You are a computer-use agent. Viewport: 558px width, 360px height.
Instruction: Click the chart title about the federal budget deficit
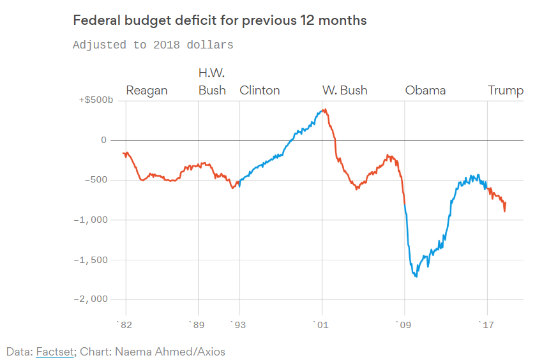(x=220, y=20)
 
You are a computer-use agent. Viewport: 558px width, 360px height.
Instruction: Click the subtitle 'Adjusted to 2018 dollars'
(x=153, y=45)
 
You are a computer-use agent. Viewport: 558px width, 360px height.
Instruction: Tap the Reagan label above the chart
(x=147, y=90)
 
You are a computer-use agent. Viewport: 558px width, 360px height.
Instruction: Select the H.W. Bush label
(x=212, y=82)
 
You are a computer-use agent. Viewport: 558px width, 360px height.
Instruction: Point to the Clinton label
(x=260, y=90)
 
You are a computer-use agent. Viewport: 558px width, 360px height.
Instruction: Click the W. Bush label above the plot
(x=345, y=90)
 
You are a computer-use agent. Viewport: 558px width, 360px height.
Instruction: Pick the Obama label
(x=425, y=90)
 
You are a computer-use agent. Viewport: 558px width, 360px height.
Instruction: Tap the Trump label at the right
(x=506, y=90)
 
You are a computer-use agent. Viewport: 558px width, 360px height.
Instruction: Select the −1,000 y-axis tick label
(x=92, y=220)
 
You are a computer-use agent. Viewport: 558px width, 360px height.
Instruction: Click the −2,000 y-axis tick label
(x=92, y=299)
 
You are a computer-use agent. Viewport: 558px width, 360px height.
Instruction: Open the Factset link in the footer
(x=54, y=352)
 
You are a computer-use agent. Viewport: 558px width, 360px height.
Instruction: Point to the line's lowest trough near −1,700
(x=416, y=276)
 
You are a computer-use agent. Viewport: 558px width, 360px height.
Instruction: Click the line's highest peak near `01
(x=324, y=109)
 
